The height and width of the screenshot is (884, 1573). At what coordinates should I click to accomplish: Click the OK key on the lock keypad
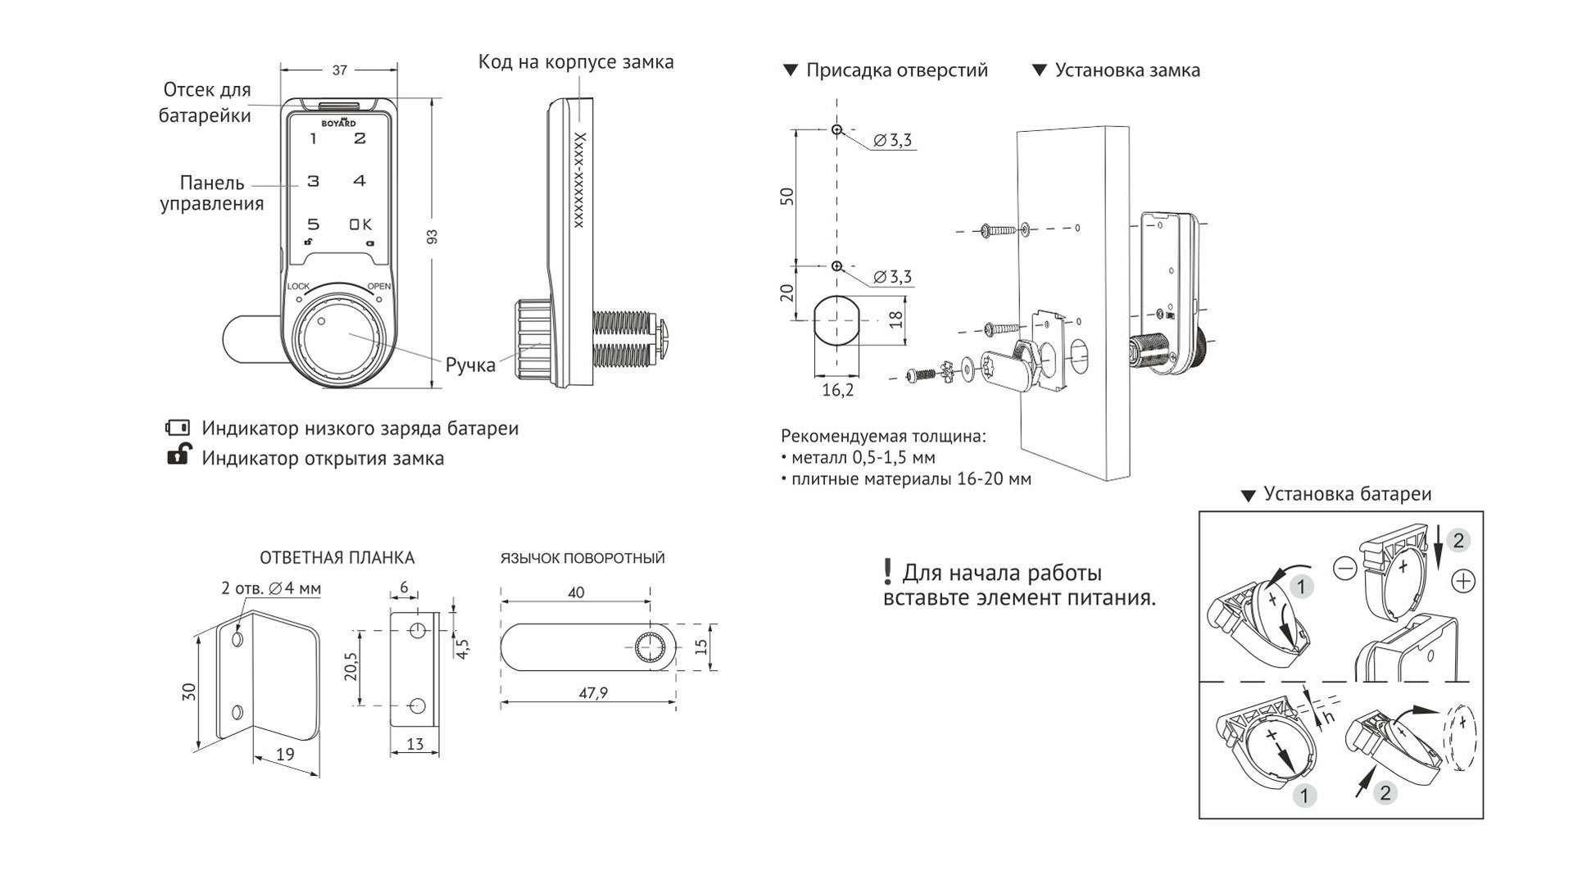click(360, 224)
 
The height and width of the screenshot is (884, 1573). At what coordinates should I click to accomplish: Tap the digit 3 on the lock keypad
click(313, 181)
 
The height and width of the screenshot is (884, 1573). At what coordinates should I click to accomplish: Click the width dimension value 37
click(339, 70)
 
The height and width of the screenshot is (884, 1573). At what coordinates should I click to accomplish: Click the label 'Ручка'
click(470, 365)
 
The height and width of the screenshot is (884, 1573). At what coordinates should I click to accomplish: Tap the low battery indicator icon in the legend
click(178, 428)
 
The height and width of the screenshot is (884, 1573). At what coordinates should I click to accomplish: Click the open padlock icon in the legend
click(179, 455)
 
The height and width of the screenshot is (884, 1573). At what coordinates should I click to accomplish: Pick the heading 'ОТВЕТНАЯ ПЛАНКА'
click(337, 558)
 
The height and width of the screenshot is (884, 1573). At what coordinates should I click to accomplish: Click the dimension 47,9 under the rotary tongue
click(593, 693)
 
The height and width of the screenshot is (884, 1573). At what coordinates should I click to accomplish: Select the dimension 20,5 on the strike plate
click(351, 667)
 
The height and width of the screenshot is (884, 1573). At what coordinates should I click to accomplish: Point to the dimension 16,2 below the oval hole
click(837, 390)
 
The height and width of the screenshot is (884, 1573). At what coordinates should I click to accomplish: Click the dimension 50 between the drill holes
click(787, 197)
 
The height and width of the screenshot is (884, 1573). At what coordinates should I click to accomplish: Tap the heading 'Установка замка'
click(1127, 70)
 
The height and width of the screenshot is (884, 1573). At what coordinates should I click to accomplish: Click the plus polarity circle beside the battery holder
click(1462, 581)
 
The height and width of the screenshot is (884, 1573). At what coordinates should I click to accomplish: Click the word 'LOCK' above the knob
click(298, 286)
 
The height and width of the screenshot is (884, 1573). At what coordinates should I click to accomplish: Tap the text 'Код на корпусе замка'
click(576, 62)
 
